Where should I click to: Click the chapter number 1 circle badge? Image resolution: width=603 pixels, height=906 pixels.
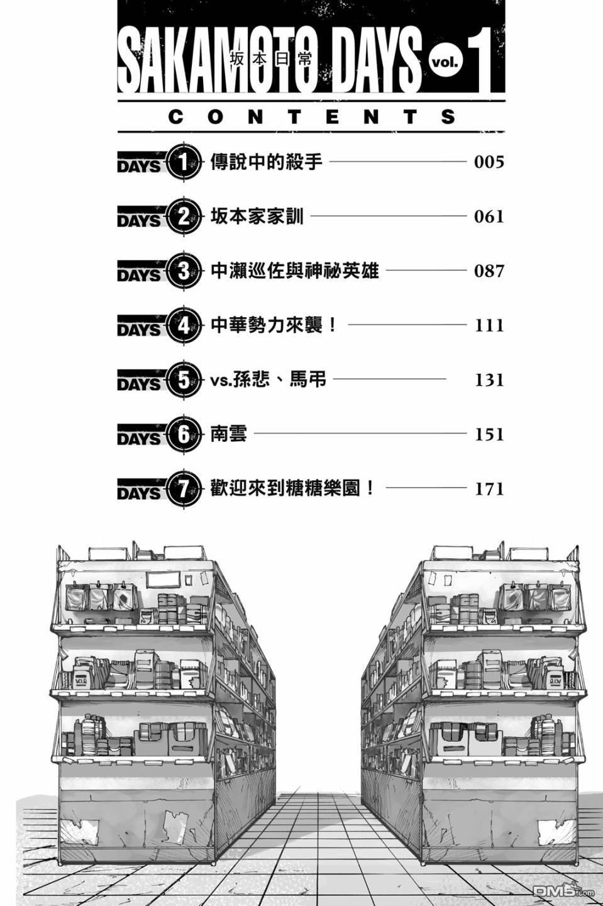pos(183,164)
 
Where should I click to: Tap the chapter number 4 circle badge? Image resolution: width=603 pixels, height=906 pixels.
pos(183,327)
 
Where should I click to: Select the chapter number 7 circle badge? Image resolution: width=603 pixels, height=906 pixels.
pos(183,489)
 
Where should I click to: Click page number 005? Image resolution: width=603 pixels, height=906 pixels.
pos(489,162)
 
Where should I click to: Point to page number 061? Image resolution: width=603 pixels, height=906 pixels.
pos(489,217)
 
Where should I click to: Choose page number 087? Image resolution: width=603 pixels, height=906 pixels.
pos(489,271)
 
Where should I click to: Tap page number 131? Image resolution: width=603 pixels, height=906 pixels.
pos(489,380)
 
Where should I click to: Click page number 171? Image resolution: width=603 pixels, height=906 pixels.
pos(489,489)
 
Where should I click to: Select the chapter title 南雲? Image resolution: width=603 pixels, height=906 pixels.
pos(228,434)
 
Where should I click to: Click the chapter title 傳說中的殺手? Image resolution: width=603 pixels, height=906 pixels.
pos(267,162)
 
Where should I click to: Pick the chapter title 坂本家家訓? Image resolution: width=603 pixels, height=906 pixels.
pos(257,217)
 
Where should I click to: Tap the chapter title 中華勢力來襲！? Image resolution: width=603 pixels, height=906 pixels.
pos(275,325)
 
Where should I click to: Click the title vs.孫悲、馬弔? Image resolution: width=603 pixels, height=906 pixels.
pos(268,380)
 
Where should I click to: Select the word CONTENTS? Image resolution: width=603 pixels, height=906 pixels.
pos(313,117)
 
